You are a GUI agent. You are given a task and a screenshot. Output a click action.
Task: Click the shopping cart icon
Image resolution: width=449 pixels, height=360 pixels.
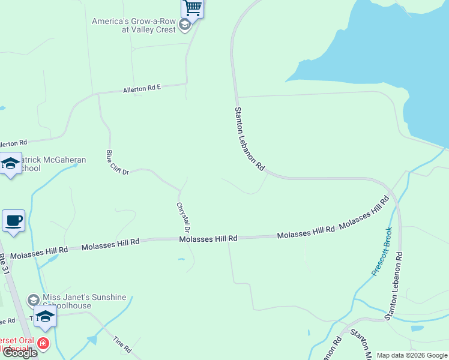click(192, 8)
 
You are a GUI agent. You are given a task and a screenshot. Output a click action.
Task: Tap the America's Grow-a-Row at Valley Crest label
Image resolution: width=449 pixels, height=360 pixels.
click(133, 25)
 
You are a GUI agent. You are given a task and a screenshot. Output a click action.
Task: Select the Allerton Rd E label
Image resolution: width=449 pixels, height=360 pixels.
click(142, 89)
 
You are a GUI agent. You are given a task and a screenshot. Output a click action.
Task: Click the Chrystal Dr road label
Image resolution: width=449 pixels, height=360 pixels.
click(183, 217)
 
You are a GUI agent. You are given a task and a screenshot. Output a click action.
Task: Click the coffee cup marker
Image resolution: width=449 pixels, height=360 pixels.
click(13, 220)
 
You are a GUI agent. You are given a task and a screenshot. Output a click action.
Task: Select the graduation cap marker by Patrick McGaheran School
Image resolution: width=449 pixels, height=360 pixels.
click(11, 164)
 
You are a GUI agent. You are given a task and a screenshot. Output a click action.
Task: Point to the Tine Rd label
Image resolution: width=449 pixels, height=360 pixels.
click(122, 344)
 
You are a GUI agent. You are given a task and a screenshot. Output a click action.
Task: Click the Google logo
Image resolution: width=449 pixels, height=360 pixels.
click(20, 353)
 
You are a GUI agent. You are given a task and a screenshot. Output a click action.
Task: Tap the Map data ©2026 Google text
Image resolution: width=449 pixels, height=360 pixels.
click(411, 355)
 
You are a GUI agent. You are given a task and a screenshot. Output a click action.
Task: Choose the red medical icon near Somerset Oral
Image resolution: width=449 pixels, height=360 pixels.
click(43, 344)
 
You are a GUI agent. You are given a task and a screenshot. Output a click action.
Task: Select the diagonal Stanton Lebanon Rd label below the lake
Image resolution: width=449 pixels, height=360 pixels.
click(249, 139)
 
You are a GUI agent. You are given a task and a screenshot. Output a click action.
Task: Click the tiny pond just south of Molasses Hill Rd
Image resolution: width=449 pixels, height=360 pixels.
click(181, 259)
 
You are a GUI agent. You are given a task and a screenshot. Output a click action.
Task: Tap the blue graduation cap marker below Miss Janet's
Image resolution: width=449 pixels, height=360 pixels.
click(45, 316)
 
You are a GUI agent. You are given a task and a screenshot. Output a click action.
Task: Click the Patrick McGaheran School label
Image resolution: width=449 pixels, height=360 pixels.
click(54, 164)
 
